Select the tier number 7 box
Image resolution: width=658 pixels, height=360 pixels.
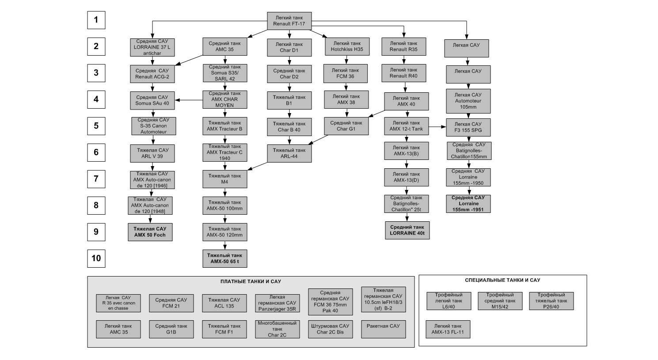pos(96,179)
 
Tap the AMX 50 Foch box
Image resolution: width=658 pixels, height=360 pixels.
pos(150,232)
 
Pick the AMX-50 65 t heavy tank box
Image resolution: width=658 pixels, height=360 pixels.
pos(224,258)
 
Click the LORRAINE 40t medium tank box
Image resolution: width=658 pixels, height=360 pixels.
pos(407,230)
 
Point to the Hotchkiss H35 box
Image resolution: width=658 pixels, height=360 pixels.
pos(347,47)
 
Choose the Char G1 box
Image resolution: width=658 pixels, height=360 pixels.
pos(346,126)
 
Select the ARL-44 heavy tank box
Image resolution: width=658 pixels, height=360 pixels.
pos(289,153)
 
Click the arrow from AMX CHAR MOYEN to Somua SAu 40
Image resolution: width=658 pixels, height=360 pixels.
pos(189,100)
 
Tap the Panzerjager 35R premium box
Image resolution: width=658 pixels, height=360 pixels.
pos(277,303)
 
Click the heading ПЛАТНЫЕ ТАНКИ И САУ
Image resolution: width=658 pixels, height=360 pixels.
pos(251,281)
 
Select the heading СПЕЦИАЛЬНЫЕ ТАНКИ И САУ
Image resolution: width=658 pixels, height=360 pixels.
pos(502,280)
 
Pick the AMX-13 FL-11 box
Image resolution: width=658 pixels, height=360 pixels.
pos(448,329)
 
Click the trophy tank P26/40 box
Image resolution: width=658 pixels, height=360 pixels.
pos(551,301)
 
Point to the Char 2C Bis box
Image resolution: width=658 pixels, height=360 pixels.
pos(330,329)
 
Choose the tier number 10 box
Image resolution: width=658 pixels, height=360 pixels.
pos(96,258)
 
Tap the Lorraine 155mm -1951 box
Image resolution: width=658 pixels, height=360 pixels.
pos(468,204)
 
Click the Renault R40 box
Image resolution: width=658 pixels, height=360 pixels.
pos(403,73)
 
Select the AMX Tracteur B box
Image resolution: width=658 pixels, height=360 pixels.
pos(224,126)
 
